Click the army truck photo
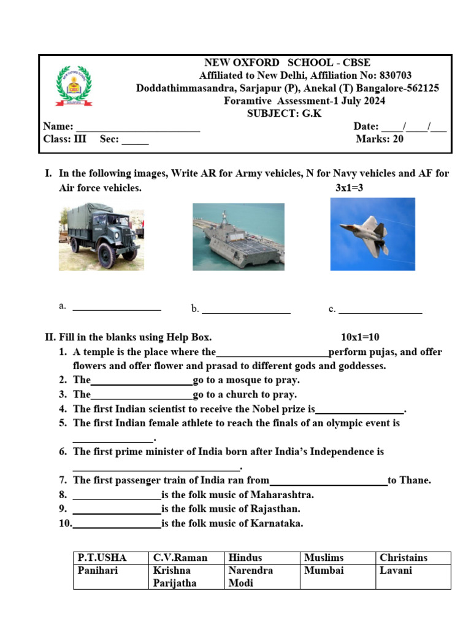pos(101,236)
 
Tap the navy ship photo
pos(239,236)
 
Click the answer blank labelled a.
pos(117,308)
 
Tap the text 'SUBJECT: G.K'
pos(284,114)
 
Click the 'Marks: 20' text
pos(380,139)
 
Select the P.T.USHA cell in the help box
pos(102,558)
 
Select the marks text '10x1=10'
pos(360,337)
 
